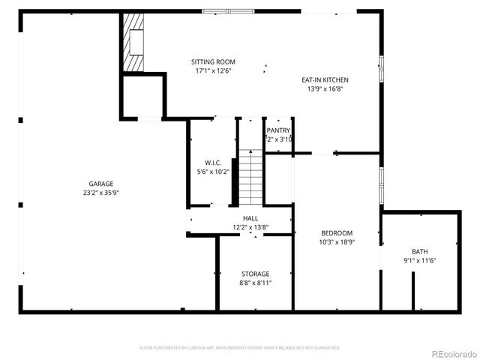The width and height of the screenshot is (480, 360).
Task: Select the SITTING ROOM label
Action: point(213,62)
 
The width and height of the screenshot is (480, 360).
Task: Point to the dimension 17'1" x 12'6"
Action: point(213,71)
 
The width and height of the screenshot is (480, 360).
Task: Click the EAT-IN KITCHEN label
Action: point(325,79)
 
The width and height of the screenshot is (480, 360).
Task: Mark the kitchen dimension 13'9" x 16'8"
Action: point(325,88)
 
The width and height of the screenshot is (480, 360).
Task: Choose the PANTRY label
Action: point(278,130)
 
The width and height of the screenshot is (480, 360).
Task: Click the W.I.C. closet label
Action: point(213,162)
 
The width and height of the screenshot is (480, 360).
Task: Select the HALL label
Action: point(250,218)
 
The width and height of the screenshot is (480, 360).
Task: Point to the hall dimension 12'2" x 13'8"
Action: point(250,226)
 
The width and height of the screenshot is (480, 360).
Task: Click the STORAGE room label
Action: point(255,274)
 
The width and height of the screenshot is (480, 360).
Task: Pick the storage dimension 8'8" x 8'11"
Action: point(255,283)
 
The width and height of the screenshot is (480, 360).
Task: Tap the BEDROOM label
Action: point(337,233)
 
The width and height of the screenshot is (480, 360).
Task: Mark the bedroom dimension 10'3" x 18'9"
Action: point(337,242)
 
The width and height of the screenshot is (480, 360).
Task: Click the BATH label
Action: point(420,251)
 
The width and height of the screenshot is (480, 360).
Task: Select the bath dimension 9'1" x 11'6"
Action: point(420,260)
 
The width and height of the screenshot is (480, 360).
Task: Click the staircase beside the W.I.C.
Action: point(250,177)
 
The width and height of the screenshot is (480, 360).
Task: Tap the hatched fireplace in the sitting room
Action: point(133,42)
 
